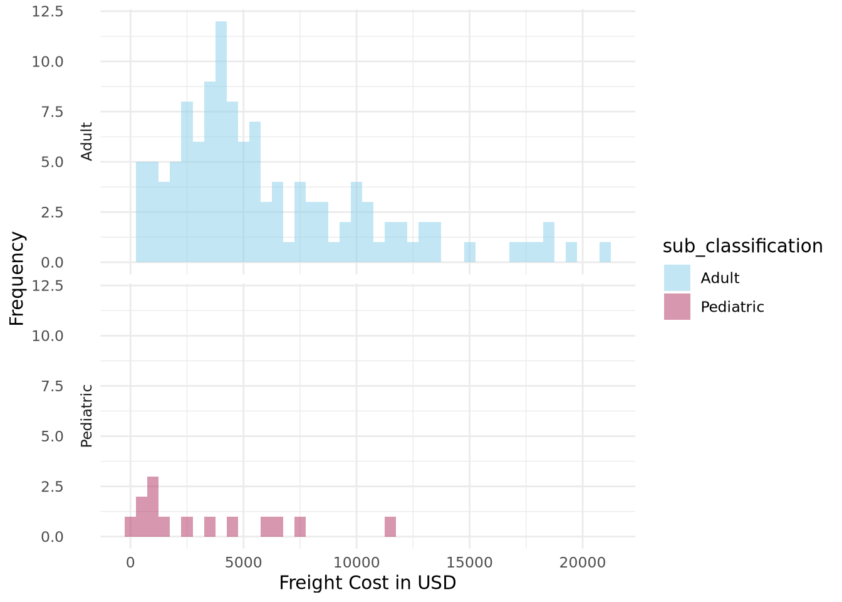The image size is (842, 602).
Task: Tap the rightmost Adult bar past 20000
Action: (605, 252)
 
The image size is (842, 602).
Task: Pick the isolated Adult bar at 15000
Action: (470, 252)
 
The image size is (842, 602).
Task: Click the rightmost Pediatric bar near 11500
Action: (390, 527)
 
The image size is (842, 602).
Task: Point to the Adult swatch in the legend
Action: (677, 278)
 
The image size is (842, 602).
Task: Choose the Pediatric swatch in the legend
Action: (677, 307)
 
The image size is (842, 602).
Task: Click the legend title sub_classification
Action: (742, 246)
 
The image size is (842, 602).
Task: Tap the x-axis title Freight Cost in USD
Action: (368, 583)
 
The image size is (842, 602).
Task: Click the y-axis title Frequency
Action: (17, 278)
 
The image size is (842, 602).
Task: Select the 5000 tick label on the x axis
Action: (243, 563)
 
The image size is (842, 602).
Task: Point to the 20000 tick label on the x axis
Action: (583, 563)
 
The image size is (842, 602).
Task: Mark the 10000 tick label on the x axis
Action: (356, 563)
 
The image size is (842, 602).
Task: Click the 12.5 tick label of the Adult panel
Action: (48, 11)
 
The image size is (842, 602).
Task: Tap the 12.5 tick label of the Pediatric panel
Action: (48, 286)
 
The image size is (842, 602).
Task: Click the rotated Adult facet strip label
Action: (87, 141)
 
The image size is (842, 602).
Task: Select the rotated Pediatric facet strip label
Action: (87, 416)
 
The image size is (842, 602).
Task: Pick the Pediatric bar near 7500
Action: (300, 527)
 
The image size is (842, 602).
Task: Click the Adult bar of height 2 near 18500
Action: (549, 242)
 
